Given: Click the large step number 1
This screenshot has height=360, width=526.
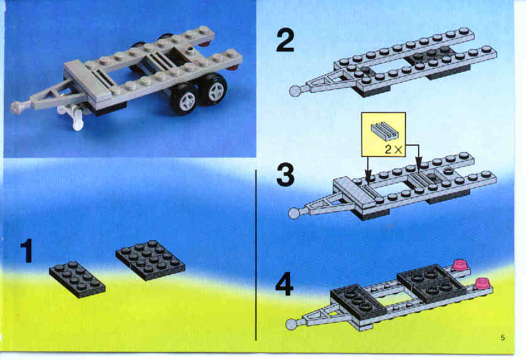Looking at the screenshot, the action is tap(28, 251).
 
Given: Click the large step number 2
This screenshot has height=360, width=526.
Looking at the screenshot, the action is tap(285, 40).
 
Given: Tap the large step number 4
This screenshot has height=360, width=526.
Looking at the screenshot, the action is tap(284, 284).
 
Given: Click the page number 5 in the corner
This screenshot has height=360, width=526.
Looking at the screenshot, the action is tap(503, 337).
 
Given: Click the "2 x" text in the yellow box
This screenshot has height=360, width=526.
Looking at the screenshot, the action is tap(393, 150).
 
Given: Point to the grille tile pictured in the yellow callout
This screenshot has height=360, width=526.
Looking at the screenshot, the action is tap(384, 130).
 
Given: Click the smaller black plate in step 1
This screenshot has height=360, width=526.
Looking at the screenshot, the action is tap(77, 279).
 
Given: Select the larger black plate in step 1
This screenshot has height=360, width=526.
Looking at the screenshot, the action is tap(150, 260).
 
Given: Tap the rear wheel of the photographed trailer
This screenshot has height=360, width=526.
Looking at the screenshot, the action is tap(213, 89).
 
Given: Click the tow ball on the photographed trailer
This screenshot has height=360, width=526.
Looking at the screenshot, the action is tap(16, 107).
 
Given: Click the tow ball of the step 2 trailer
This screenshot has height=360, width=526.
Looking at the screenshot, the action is tap(296, 91).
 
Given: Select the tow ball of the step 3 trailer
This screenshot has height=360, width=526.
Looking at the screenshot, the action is tap(294, 213).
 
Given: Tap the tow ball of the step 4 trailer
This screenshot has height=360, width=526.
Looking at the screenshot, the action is tap(291, 324).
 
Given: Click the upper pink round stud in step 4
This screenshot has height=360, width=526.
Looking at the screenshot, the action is tap(460, 265).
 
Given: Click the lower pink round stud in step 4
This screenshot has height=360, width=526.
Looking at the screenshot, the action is tap(483, 283).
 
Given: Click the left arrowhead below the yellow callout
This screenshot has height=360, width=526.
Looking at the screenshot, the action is tap(368, 177).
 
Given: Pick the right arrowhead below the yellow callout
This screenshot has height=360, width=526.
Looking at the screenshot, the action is tap(417, 165).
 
